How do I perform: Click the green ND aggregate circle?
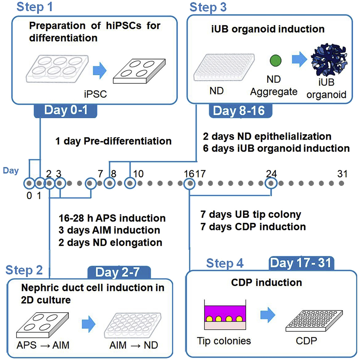point(275,59)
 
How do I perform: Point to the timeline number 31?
point(341,173)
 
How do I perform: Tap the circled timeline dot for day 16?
point(189,184)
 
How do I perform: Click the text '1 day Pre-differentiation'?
point(113,141)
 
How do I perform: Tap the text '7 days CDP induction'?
point(253,227)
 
